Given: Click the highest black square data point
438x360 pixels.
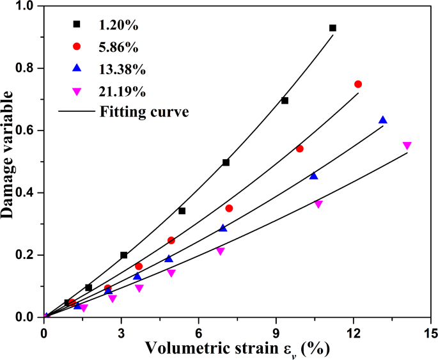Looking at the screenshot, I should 332,28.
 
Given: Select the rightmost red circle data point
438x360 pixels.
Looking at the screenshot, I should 358,84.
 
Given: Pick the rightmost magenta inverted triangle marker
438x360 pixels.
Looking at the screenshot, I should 407,146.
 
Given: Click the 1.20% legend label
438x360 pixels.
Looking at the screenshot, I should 119,25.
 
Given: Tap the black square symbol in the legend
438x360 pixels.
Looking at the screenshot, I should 77,25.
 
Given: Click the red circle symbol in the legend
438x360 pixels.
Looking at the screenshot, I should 77,47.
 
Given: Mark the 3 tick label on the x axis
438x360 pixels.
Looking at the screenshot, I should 121,333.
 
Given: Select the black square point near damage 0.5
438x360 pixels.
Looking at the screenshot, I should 226,162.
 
